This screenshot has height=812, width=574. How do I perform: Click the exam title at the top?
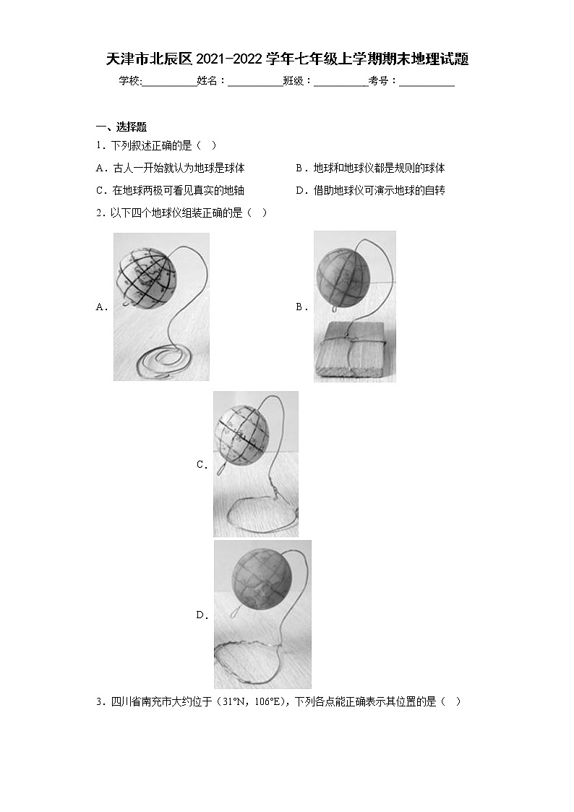click(x=287, y=59)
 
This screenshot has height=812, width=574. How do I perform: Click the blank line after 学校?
click(x=169, y=82)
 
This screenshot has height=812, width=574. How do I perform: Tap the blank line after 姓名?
click(x=255, y=82)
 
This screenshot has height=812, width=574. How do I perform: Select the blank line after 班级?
click(x=340, y=82)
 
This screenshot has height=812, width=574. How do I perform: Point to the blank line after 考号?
click(x=427, y=82)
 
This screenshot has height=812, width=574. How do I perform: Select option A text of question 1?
click(x=170, y=168)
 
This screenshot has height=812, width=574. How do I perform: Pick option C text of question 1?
click(x=170, y=190)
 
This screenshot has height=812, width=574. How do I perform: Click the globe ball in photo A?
click(x=147, y=275)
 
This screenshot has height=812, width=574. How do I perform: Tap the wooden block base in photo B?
click(x=354, y=352)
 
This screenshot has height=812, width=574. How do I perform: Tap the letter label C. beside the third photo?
click(x=202, y=465)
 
